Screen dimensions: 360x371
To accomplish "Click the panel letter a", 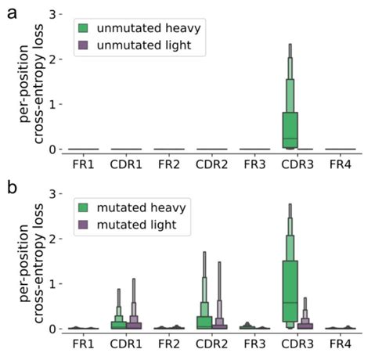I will pos(12,13).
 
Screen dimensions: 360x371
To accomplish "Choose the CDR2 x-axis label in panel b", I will pos(211,344).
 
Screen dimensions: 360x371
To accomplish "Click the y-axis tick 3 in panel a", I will pos(52,14).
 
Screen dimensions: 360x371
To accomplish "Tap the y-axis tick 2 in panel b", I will pos(52,239).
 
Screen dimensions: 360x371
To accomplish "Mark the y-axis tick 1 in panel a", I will pos(52,104).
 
